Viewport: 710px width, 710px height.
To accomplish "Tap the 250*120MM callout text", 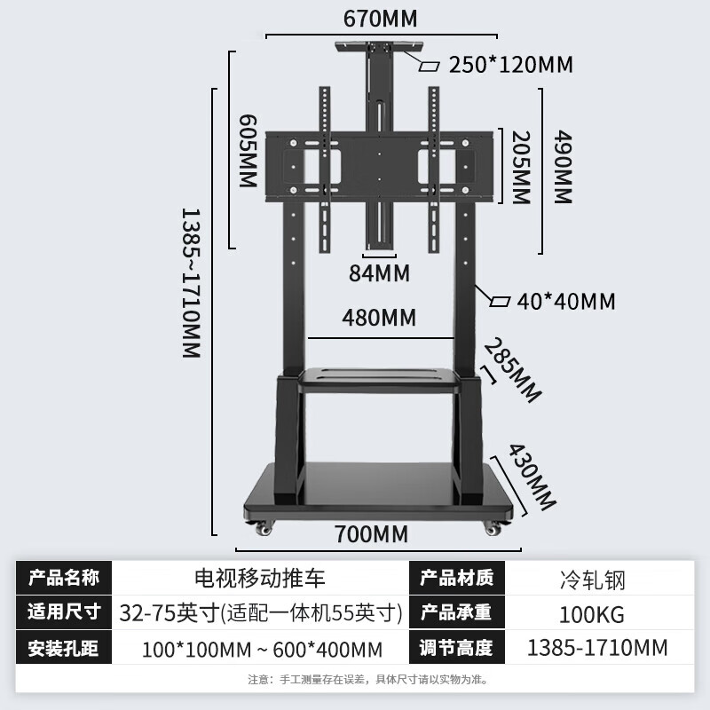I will click(x=510, y=65).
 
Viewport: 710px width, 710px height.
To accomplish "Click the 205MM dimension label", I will click(x=521, y=168).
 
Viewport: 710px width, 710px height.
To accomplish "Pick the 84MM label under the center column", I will click(x=379, y=272).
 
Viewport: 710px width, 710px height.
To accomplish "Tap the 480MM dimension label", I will click(x=380, y=317).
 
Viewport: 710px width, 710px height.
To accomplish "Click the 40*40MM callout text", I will click(x=565, y=302).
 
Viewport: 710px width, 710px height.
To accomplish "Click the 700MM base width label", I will click(x=372, y=534).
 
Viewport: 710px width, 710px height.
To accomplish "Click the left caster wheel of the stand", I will click(x=263, y=529).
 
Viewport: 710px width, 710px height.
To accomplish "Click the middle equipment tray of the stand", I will click(x=380, y=380).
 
